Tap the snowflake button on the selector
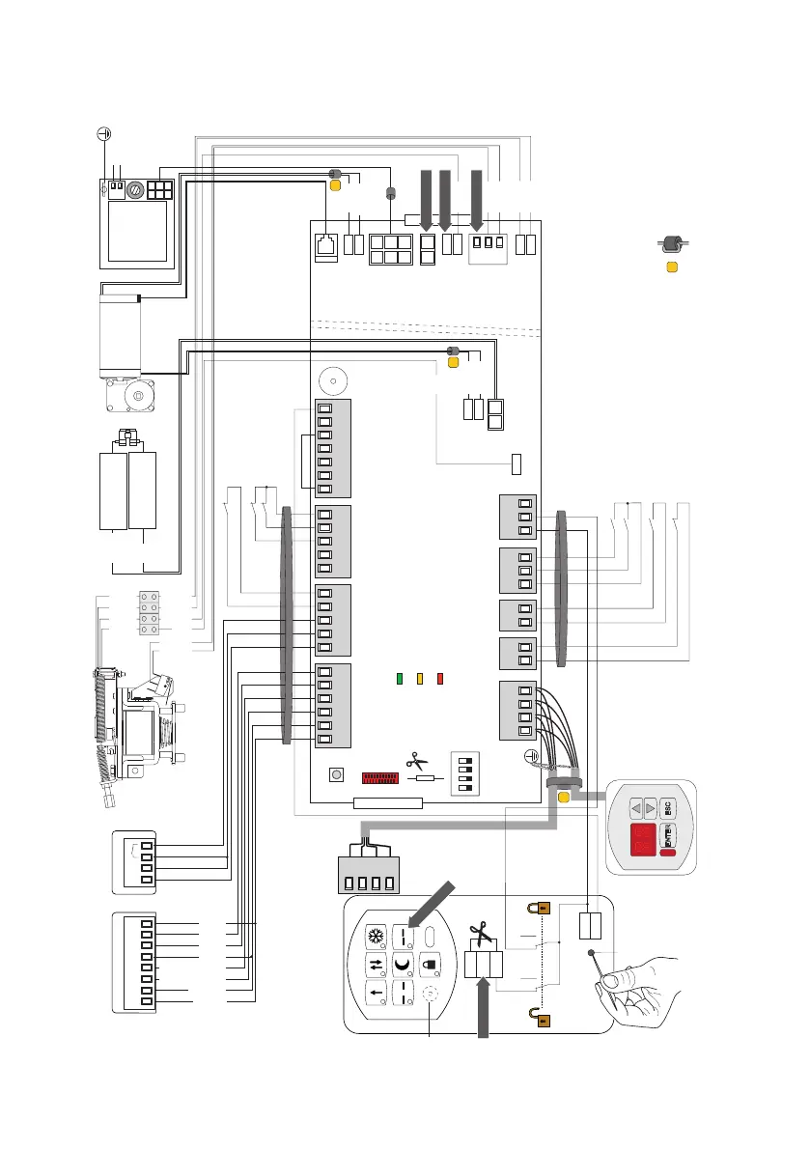tap(374, 937)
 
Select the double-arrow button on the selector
tap(374, 965)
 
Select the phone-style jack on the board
tap(326, 245)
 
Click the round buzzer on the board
tap(333, 380)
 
